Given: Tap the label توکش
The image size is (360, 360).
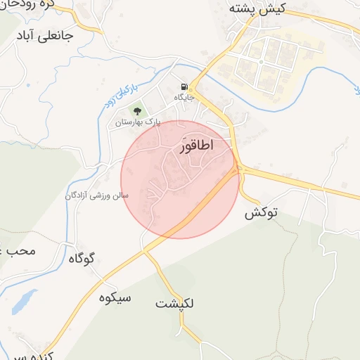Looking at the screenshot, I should pyautogui.click(x=262, y=213).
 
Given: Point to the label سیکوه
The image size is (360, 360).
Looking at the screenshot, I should pyautogui.click(x=115, y=297).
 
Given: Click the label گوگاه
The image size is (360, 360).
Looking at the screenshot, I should pyautogui.click(x=81, y=258).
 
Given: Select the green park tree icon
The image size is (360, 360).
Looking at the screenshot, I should pyautogui.click(x=136, y=110).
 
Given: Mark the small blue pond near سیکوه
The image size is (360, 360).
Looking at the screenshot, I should pyautogui.click(x=24, y=301).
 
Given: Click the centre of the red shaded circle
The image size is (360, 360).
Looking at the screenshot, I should pyautogui.click(x=180, y=179).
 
